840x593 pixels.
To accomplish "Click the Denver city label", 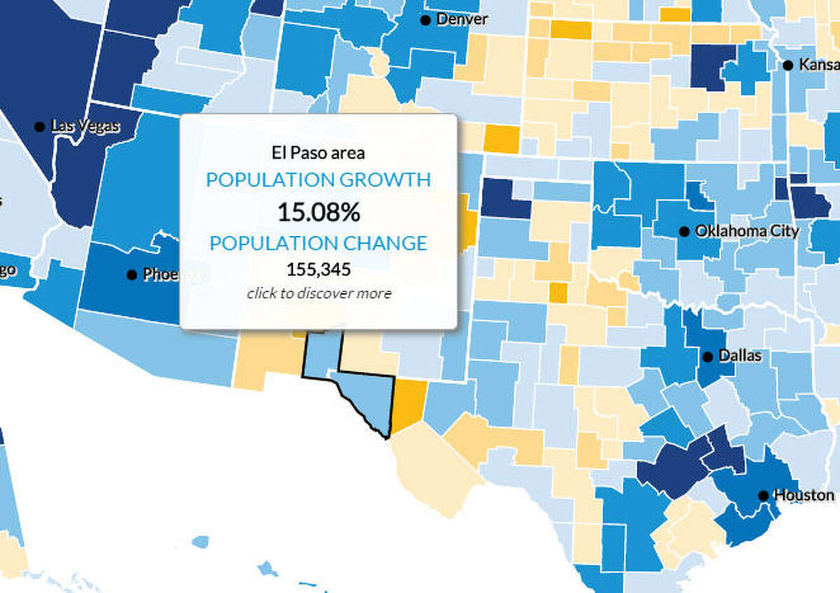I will (x=461, y=20).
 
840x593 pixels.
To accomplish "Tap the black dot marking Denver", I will (x=425, y=20).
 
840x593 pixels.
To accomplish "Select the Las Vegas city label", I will (x=85, y=127).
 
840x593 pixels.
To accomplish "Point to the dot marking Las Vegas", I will (x=40, y=127).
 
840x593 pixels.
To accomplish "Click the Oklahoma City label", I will (x=746, y=231).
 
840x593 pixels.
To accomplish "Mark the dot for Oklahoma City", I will (x=684, y=232).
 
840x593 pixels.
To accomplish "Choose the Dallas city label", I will (x=739, y=356).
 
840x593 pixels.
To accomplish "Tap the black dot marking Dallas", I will (x=708, y=357).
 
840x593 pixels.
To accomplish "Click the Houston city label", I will (x=804, y=495).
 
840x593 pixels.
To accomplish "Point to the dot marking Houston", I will (x=764, y=496).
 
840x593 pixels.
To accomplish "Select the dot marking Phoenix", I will (x=132, y=275).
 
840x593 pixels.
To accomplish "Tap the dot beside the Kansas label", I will (x=788, y=65).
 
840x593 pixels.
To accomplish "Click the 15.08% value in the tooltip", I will (x=318, y=211).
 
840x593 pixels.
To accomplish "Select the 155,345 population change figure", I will (x=318, y=269).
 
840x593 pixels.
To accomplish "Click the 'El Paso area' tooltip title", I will (x=318, y=152).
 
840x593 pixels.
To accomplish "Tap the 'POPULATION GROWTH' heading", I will (x=318, y=180).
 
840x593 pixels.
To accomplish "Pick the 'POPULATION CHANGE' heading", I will (x=318, y=243).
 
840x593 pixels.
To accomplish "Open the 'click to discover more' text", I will (x=318, y=293).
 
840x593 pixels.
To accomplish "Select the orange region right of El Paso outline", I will (x=407, y=404).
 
